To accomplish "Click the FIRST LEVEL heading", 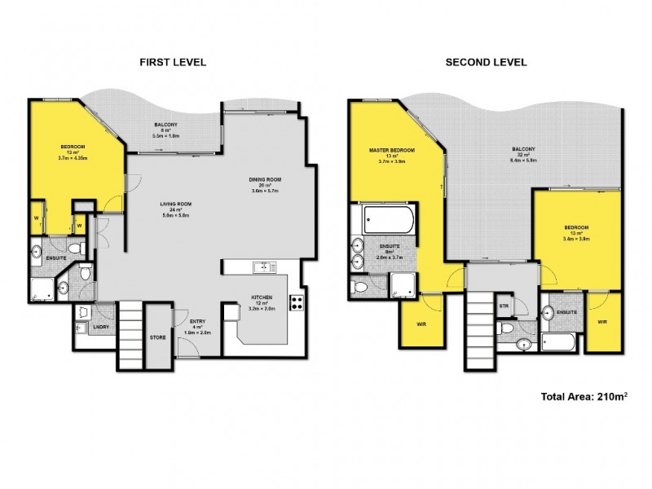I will coord(172,62).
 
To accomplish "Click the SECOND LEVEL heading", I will coord(486,62).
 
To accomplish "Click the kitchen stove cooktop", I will coord(297,303).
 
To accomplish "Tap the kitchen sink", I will coord(263,267).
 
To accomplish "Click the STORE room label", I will coord(158,336).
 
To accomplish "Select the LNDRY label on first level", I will coord(103,328).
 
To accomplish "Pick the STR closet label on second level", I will coord(504,306).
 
